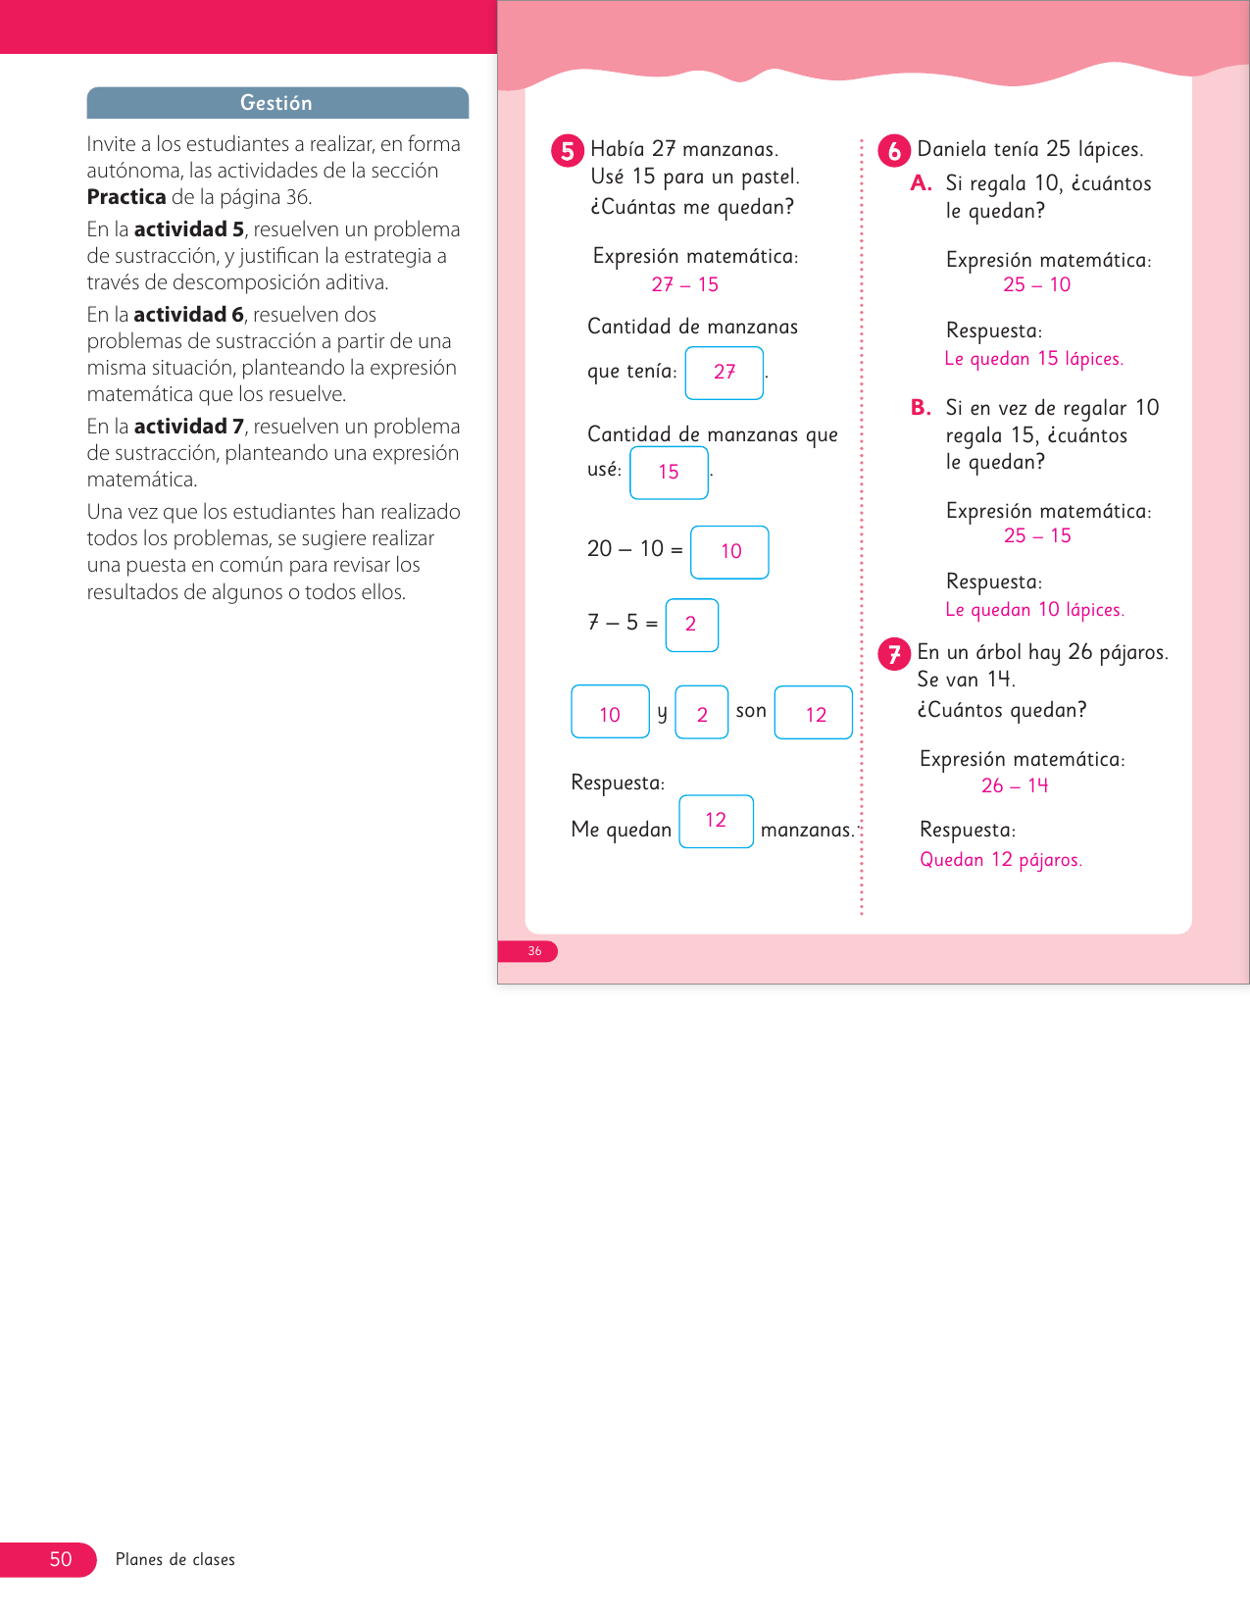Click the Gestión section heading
tap(276, 103)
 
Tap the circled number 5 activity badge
tap(568, 151)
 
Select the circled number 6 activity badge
tap(894, 151)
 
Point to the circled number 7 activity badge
tap(894, 654)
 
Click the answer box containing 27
tap(725, 373)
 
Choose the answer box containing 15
tap(669, 473)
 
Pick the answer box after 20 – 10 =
tap(729, 552)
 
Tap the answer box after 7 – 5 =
tap(691, 625)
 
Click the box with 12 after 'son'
tap(814, 713)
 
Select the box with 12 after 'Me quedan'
tap(716, 821)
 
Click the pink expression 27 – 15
tap(685, 285)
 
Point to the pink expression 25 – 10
tap(1037, 285)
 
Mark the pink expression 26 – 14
tap(1015, 785)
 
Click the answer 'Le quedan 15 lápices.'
tap(1033, 359)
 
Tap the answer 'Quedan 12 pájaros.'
tap(1001, 860)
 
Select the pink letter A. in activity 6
tap(921, 183)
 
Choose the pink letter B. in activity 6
tap(921, 408)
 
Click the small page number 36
tap(534, 951)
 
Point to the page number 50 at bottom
tap(61, 1559)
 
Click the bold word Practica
tap(126, 197)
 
